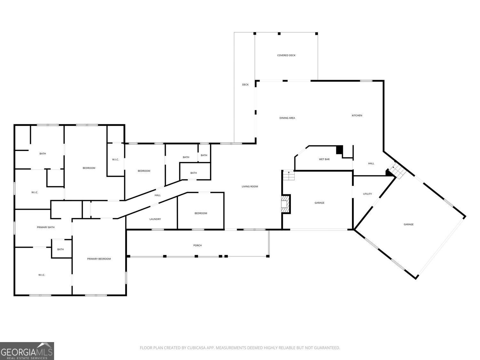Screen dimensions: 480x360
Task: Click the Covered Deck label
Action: pyautogui.click(x=286, y=55)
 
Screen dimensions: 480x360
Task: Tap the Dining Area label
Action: pyautogui.click(x=287, y=118)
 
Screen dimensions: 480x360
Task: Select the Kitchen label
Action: pyautogui.click(x=357, y=116)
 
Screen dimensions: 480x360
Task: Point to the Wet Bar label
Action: pyautogui.click(x=324, y=159)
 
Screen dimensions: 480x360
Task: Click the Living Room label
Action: pyautogui.click(x=250, y=187)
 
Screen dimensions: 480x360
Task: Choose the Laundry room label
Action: pyautogui.click(x=155, y=219)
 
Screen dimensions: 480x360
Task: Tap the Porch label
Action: pyautogui.click(x=197, y=245)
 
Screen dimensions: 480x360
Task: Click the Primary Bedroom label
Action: pyautogui.click(x=99, y=259)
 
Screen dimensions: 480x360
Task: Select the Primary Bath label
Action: pyautogui.click(x=45, y=227)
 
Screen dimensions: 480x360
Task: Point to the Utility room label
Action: pyautogui.click(x=367, y=194)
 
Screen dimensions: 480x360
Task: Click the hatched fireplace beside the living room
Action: pyautogui.click(x=285, y=204)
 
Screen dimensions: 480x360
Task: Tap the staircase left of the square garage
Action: pyautogui.click(x=289, y=175)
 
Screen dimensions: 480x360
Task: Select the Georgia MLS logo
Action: pyautogui.click(x=27, y=351)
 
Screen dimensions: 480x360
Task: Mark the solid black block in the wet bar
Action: pyautogui.click(x=340, y=150)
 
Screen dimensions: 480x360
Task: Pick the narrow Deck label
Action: pyautogui.click(x=245, y=84)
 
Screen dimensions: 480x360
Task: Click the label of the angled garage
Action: pyautogui.click(x=408, y=224)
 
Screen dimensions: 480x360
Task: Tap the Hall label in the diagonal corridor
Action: pyautogui.click(x=157, y=195)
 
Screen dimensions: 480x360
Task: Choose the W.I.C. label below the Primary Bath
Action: pyautogui.click(x=42, y=275)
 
